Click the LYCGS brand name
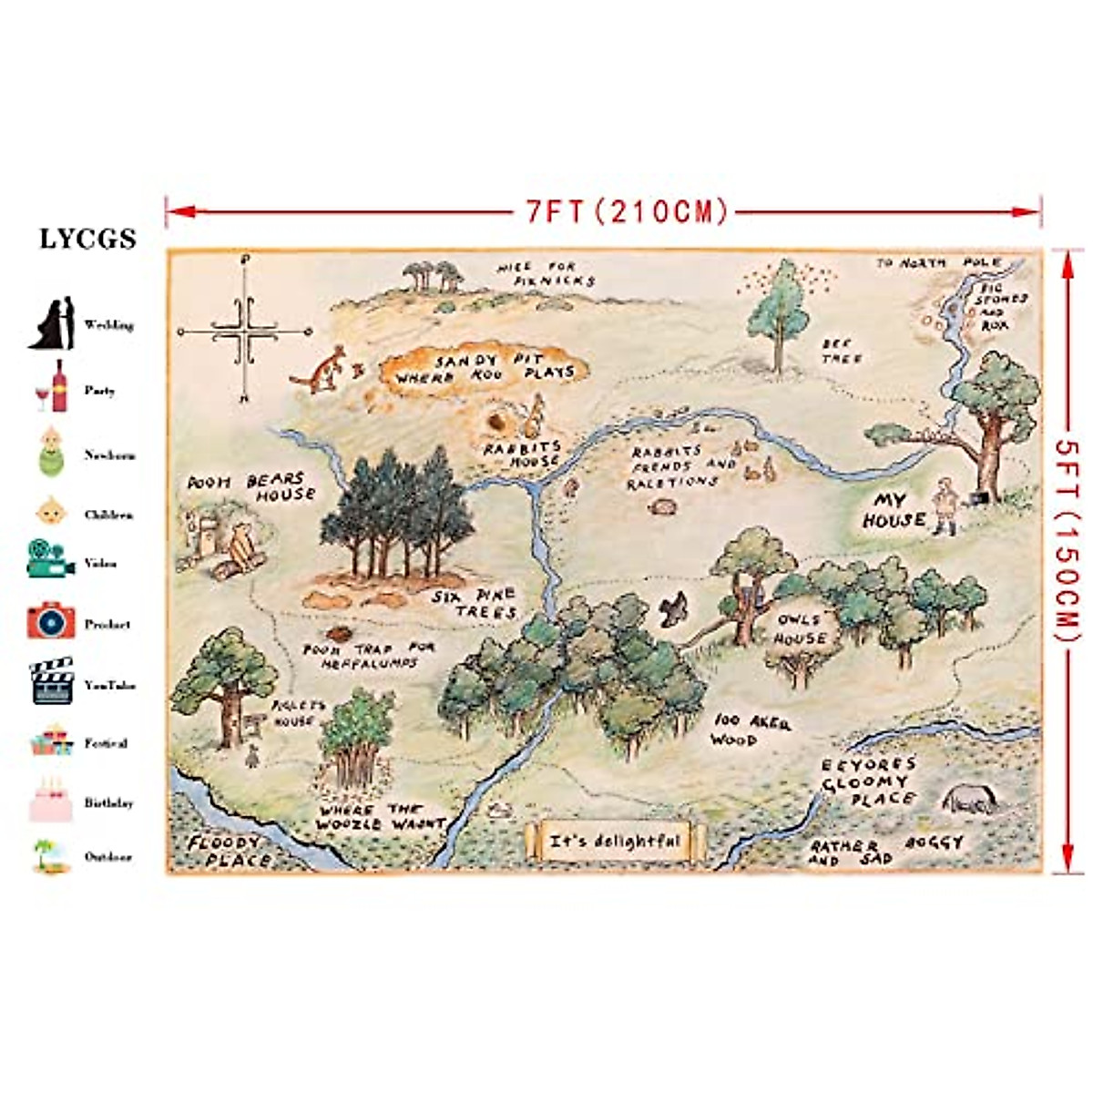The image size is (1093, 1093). tap(87, 239)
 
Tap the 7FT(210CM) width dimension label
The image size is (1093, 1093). tap(627, 212)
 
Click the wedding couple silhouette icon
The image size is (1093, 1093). tap(51, 324)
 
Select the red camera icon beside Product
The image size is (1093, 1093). tap(50, 621)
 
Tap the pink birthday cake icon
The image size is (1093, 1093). tap(50, 802)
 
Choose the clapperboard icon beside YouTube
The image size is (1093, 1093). tap(51, 681)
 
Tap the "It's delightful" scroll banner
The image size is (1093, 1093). tap(615, 841)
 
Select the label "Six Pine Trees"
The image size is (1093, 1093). tap(476, 603)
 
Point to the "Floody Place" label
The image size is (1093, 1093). tap(225, 851)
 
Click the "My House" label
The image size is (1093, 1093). tap(893, 511)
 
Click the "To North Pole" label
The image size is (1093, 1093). tap(938, 263)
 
